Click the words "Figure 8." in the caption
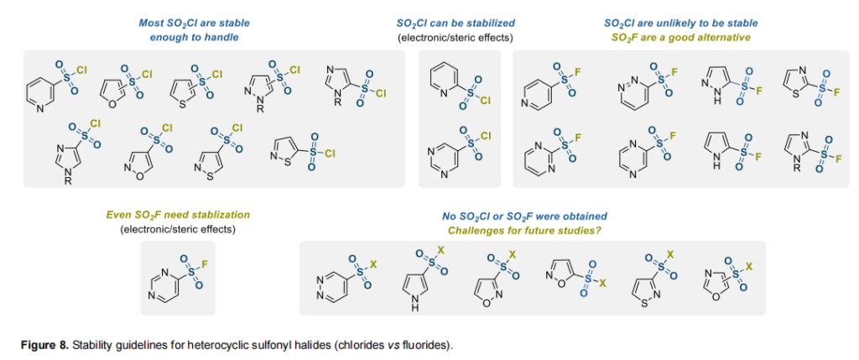point(44,345)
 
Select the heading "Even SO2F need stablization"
point(178,215)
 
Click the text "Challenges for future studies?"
point(525,229)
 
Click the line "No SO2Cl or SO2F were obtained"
point(525,216)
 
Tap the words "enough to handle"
point(194,38)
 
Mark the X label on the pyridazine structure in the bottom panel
point(374,264)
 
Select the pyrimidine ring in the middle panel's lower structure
point(441,154)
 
